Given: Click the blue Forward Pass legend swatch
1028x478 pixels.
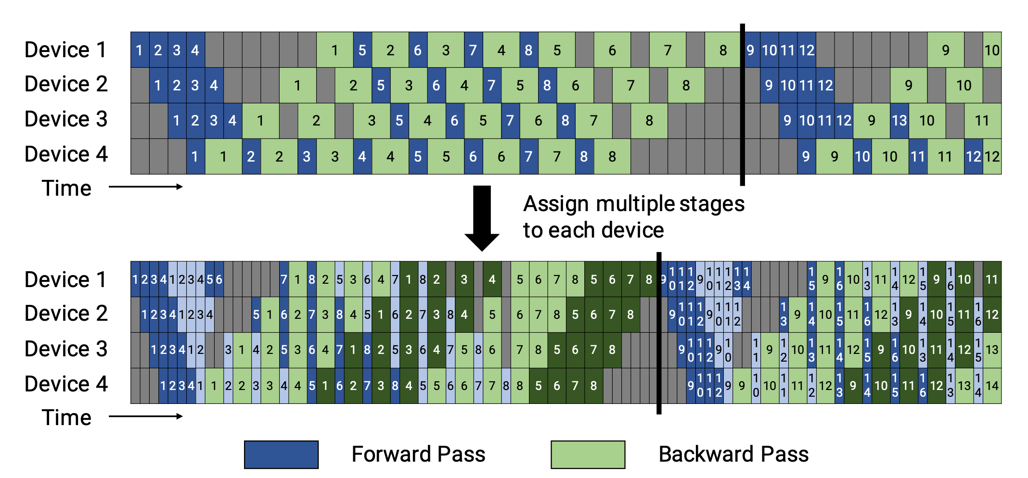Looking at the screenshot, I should click(x=281, y=454).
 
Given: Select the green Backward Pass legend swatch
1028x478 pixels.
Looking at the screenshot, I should click(x=588, y=454).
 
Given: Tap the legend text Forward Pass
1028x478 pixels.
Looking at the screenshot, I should click(x=418, y=454).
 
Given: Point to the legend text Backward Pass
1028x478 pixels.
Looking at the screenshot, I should click(x=733, y=454).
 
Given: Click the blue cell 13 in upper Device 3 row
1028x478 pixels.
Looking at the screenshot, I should click(x=899, y=121).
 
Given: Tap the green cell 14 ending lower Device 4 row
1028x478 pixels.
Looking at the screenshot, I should click(x=992, y=386).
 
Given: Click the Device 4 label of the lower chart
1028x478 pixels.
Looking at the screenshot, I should click(x=66, y=384).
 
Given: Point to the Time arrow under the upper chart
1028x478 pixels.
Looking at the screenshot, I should click(x=145, y=187).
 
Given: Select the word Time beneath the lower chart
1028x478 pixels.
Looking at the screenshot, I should click(x=66, y=417).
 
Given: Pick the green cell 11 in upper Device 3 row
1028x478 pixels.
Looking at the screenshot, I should click(x=982, y=121).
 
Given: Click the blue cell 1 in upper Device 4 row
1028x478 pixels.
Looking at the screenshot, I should click(x=195, y=156).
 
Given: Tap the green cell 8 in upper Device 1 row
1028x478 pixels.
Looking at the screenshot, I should click(x=723, y=50).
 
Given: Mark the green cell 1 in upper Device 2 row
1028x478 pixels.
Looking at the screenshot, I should click(x=297, y=86).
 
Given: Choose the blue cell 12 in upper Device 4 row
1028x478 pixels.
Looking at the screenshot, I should click(x=973, y=156).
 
